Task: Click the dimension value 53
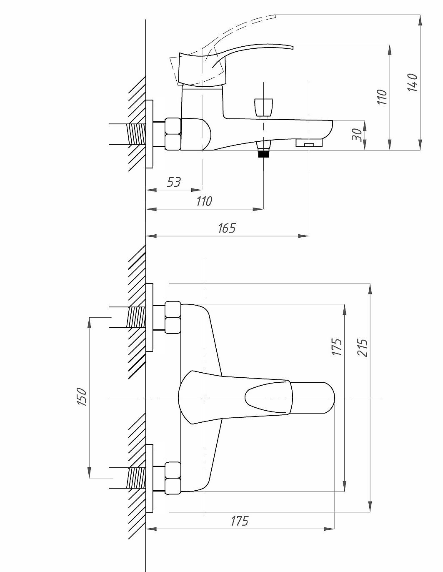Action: pos(174,182)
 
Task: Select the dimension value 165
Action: pos(227,228)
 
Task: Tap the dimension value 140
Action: pos(413,83)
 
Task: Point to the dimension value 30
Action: pos(357,135)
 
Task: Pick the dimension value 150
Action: pos(82,397)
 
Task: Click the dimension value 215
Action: pos(362,348)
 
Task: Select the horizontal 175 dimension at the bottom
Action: pos(239,521)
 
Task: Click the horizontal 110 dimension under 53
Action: pos(204,201)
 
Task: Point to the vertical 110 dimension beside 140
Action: pos(382,97)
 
